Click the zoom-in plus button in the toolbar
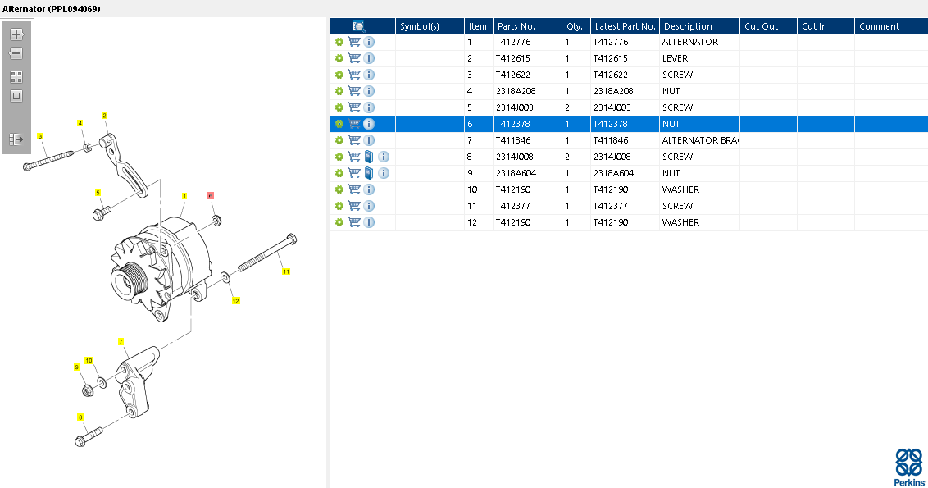pos(16,34)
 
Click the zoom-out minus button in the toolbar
pos(16,53)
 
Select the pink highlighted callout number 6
pos(211,195)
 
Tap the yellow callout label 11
pos(286,271)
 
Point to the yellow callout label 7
pos(121,342)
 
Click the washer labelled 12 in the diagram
pos(226,277)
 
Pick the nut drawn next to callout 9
pos(88,390)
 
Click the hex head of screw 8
pos(80,440)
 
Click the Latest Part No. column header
pos(625,26)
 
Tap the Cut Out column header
pos(761,26)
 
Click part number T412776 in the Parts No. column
pos(513,42)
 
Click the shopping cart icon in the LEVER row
pos(354,58)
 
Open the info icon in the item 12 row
pos(369,222)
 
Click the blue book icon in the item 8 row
pos(369,157)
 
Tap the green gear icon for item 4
pos(339,91)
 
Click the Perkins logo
pos(910,467)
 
